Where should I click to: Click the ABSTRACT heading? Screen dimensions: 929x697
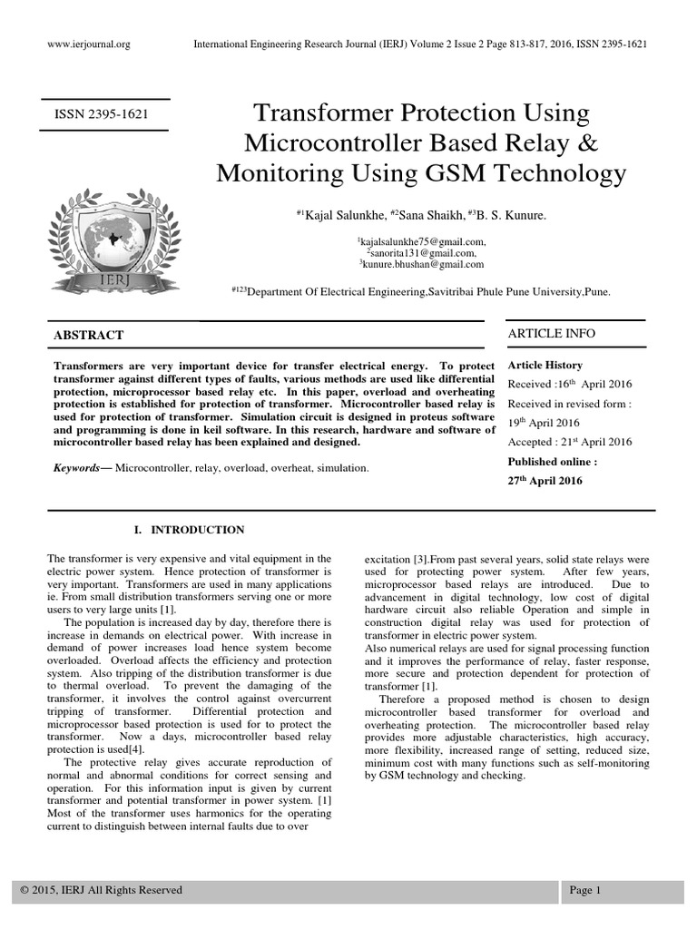pos(89,335)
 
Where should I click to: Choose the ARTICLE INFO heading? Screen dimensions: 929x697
pos(551,333)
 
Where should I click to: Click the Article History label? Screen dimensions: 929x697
pos(544,365)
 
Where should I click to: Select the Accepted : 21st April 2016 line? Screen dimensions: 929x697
pos(569,442)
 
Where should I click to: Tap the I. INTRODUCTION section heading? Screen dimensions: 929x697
pos(189,530)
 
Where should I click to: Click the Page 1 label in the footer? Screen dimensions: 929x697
pos(585,890)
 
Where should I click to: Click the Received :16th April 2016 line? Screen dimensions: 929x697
pos(567,383)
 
